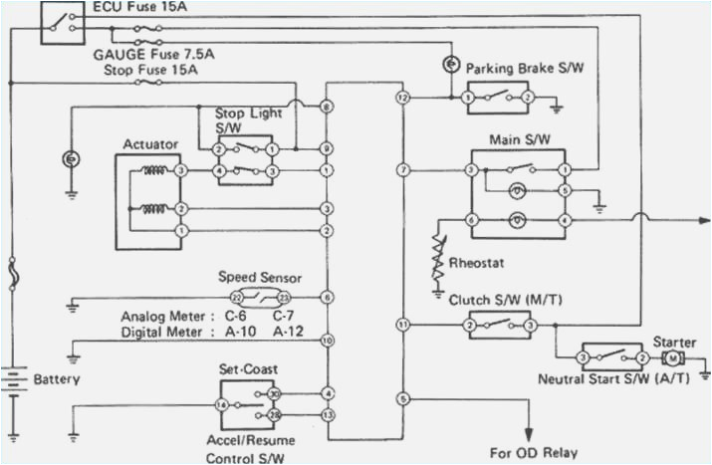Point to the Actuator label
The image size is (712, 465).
click(149, 144)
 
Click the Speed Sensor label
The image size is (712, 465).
click(259, 278)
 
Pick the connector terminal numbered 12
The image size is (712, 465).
click(402, 98)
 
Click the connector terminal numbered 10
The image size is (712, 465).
click(328, 341)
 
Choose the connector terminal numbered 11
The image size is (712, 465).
click(402, 325)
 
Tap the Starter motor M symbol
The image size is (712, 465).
click(673, 357)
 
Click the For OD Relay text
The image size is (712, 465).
click(533, 452)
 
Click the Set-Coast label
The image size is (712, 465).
click(247, 368)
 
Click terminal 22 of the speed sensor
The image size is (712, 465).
click(237, 298)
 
